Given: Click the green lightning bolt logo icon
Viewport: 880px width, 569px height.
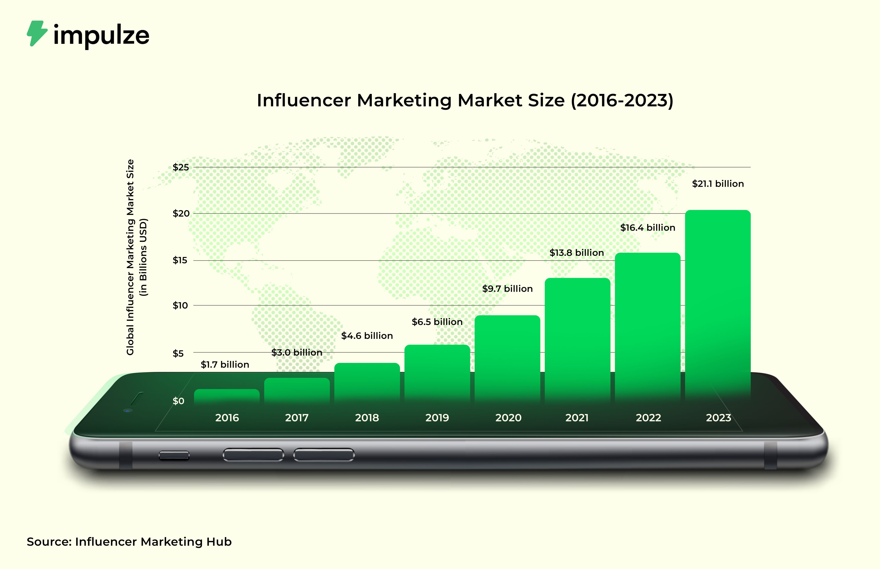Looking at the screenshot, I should click(x=37, y=33).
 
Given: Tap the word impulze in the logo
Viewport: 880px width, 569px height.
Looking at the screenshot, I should click(x=101, y=36).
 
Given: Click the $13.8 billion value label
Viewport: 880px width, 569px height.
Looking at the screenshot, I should click(x=576, y=253).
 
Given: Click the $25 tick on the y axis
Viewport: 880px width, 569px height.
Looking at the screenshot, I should click(x=181, y=167).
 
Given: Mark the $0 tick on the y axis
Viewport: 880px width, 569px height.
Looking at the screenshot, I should click(x=178, y=401).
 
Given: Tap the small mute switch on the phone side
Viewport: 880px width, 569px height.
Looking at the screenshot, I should click(x=174, y=455).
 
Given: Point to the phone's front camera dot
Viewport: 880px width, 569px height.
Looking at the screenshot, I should click(x=127, y=410).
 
